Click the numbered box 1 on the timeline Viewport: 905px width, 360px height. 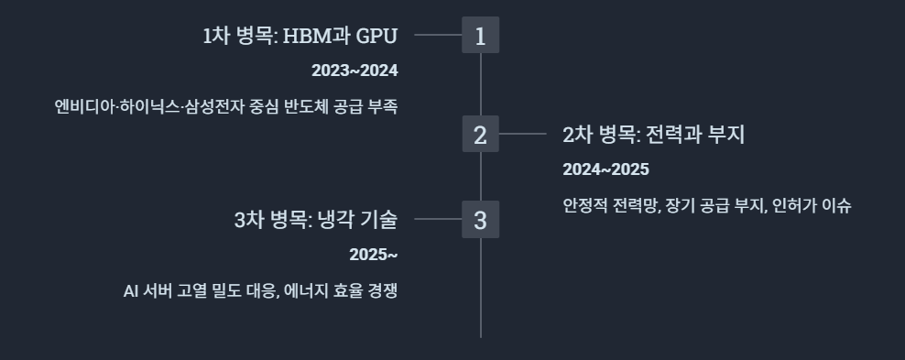480,35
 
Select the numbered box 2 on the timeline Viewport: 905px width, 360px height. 480,134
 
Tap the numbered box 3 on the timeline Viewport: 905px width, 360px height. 480,219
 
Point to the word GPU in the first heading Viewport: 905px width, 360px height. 376,36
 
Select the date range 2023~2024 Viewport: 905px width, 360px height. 355,71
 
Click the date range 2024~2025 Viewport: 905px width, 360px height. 606,169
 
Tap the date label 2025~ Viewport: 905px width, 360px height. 374,255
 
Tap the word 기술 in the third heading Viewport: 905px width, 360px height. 379,220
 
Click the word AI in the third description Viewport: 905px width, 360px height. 130,290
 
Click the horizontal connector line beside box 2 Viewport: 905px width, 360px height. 523,134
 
